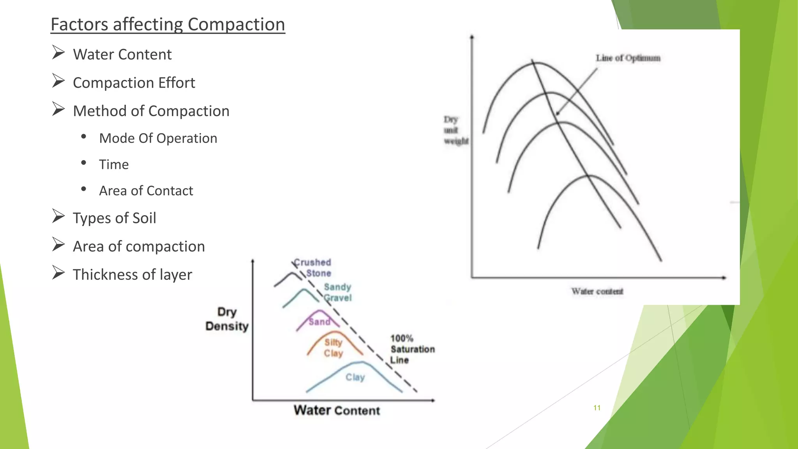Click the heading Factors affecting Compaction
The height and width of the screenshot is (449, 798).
pos(168,25)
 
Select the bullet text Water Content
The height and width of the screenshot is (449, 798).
pos(122,55)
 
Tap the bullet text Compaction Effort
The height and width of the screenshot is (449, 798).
pos(134,83)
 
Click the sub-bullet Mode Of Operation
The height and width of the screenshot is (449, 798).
pos(158,138)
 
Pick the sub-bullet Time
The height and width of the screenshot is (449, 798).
pos(113,164)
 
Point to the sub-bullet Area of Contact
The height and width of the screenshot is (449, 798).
pos(146,191)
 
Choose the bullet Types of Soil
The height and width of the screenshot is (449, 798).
pos(114,218)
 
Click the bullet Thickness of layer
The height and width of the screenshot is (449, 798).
pos(132,275)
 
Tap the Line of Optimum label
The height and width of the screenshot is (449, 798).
pos(628,58)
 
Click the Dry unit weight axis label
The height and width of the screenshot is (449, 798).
pos(455,130)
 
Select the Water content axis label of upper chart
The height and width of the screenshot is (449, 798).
pos(597,292)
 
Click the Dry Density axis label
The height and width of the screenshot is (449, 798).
pos(227,319)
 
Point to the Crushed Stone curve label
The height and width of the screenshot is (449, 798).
pos(313,268)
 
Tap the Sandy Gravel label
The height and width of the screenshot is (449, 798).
pos(338,292)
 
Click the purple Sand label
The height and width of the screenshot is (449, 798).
pos(320,322)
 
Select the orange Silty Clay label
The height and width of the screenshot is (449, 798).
pos(334,348)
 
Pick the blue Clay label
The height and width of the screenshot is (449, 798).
pos(355,377)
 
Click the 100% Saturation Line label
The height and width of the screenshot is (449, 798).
pos(412,349)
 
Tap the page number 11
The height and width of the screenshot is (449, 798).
pos(597,408)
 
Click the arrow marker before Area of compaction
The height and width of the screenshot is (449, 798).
pos(58,245)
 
